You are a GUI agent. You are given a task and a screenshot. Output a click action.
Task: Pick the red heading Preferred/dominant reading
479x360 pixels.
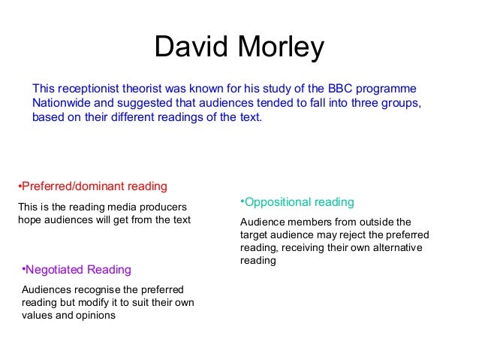coord(94,186)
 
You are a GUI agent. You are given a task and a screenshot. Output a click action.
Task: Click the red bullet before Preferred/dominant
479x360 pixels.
coord(19,186)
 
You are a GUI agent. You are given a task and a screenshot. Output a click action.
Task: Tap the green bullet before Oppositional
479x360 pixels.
coord(242,202)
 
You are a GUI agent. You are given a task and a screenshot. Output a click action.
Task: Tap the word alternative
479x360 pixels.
coord(395,248)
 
